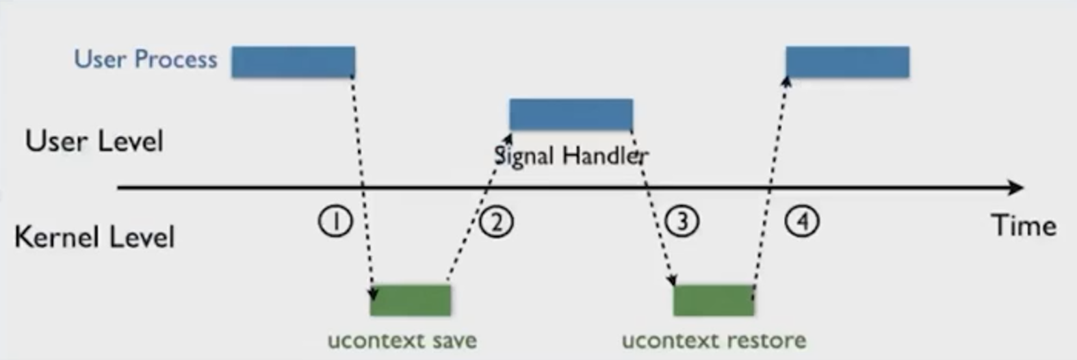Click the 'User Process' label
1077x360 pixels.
145,60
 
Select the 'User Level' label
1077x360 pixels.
94,142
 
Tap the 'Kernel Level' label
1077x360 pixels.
94,237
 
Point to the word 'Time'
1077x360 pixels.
1024,226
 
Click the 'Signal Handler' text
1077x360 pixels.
571,157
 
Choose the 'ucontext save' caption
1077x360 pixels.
402,341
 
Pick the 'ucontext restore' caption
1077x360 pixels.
714,341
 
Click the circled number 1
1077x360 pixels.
335,222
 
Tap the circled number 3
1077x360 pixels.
682,222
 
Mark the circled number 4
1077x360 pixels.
801,221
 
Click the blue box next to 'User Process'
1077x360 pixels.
293,62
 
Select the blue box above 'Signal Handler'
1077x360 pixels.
571,114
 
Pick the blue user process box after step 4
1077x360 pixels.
847,62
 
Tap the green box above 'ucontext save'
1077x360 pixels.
411,300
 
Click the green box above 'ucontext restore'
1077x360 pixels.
714,300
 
